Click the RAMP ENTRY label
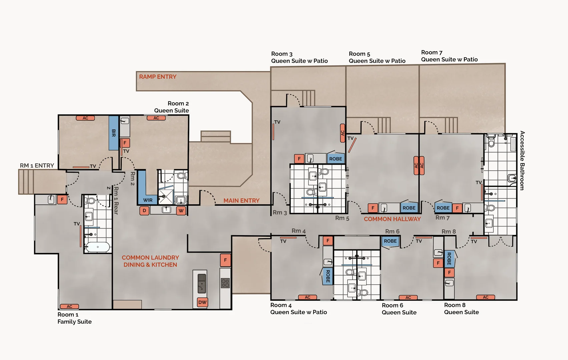click(157, 77)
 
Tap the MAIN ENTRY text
click(241, 201)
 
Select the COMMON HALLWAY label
click(392, 219)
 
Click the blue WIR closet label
click(148, 200)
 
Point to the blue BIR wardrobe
click(113, 133)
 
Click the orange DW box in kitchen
click(202, 302)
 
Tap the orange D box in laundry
click(144, 211)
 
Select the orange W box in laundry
click(181, 211)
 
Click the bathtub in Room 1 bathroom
click(97, 247)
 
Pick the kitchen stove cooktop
click(225, 283)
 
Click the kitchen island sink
click(202, 283)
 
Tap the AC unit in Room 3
click(342, 133)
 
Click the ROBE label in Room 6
click(390, 241)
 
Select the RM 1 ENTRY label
click(37, 166)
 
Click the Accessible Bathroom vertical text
click(522, 161)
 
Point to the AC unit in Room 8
click(485, 297)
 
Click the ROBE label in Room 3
click(336, 159)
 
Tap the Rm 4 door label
click(299, 231)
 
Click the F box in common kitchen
click(225, 260)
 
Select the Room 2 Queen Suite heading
click(171, 107)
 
